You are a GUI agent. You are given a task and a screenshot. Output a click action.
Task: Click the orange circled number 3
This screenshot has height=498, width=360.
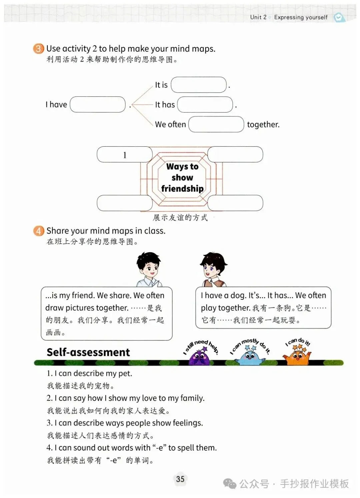38,49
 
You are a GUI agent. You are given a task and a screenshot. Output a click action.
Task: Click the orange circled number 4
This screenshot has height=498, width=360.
38,231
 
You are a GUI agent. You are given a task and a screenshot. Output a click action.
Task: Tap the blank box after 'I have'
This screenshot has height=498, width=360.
98,105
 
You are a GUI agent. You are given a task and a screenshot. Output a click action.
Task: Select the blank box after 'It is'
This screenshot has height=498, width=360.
199,85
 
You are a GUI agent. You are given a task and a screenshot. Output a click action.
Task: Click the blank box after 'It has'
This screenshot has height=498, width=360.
205,105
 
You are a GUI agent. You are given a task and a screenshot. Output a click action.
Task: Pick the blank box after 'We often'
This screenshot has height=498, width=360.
216,124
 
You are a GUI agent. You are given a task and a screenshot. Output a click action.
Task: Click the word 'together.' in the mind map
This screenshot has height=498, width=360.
263,125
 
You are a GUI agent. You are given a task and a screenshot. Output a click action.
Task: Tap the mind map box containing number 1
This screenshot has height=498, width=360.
125,155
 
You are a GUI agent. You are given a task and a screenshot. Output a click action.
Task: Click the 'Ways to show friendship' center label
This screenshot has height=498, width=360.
182,177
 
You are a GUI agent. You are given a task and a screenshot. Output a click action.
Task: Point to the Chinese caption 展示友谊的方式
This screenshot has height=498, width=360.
180,218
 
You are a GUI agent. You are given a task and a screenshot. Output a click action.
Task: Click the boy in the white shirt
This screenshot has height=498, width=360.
149,269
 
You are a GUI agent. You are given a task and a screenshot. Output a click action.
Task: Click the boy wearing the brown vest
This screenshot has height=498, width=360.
214,269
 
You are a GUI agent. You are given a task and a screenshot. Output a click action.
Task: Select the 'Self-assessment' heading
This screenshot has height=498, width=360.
88,352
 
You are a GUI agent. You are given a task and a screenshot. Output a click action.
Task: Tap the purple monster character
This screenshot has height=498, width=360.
199,356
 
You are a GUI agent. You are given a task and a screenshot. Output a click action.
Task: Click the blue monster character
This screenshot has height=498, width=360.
249,356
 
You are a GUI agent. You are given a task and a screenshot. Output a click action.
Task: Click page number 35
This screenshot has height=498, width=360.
180,479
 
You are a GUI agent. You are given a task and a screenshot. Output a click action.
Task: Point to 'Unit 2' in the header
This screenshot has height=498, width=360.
258,17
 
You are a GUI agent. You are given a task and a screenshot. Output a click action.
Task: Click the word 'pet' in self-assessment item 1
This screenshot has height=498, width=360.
125,374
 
